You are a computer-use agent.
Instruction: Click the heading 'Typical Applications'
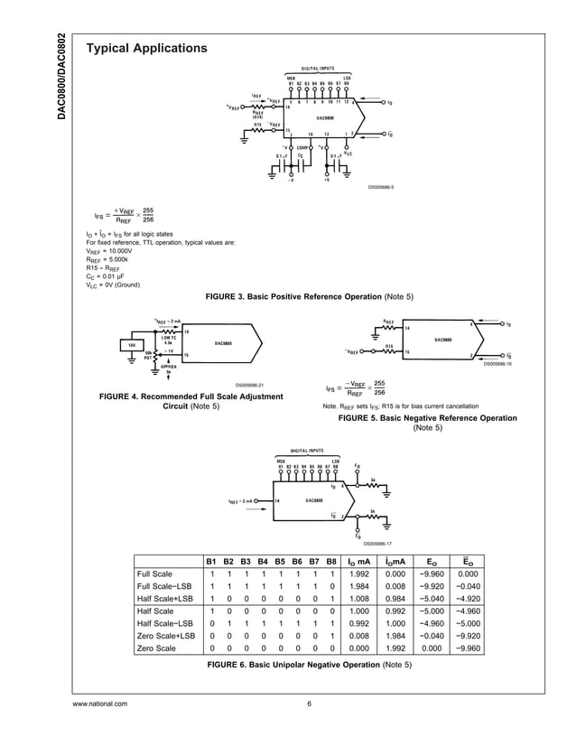pos(146,48)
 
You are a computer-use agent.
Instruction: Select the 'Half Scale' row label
pos(154,611)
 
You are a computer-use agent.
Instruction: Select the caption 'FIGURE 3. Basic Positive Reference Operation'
pos(310,297)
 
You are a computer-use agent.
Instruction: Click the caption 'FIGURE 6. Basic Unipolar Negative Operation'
pos(310,665)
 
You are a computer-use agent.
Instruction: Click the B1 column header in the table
pos(211,560)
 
